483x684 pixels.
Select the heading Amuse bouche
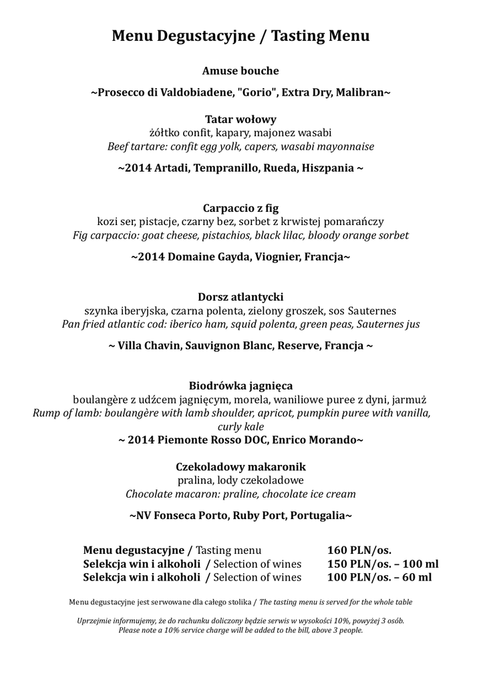click(x=240, y=71)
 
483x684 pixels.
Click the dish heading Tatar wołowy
click(x=240, y=120)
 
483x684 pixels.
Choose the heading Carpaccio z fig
click(x=240, y=208)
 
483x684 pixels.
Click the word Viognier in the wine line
click(x=275, y=256)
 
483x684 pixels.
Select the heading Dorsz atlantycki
click(x=240, y=297)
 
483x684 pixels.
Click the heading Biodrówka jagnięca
click(x=240, y=386)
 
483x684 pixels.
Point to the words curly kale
click(x=240, y=426)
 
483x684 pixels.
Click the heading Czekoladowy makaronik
click(x=240, y=466)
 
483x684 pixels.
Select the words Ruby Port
click(x=261, y=516)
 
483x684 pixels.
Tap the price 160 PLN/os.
click(x=359, y=550)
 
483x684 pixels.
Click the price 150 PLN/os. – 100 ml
click(x=382, y=564)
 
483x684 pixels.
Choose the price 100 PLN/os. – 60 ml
click(x=379, y=577)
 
